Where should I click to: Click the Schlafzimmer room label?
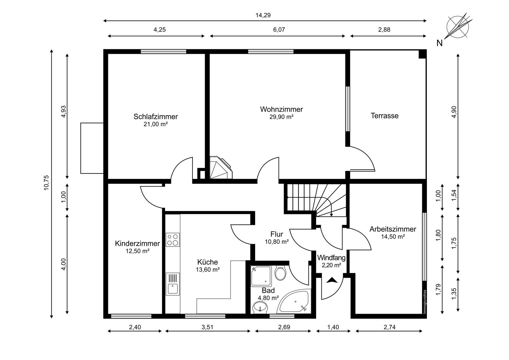tap(156, 117)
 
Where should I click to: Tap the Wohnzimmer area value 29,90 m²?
tap(282, 117)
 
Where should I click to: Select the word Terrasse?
tap(385, 116)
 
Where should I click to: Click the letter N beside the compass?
tap(440, 43)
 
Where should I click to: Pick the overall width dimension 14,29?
tap(263, 15)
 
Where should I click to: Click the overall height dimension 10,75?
tap(46, 183)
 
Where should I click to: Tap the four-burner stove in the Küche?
tap(172, 240)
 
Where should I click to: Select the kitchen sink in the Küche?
tap(172, 284)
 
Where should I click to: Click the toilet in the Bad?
tap(281, 273)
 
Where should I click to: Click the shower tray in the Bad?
tap(261, 276)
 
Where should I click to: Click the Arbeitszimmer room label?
tap(393, 229)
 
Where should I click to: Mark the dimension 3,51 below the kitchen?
tap(207, 327)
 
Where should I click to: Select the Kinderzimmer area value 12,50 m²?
tap(137, 251)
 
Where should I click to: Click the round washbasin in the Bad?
tap(260, 307)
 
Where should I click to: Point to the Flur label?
tap(276, 234)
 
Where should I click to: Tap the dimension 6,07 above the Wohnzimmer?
tap(279, 30)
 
